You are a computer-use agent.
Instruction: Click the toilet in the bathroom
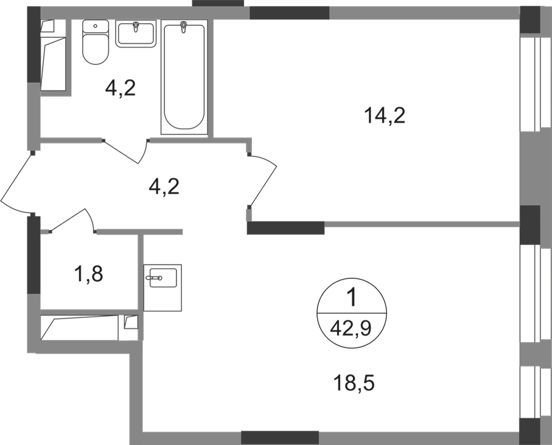(x=95, y=42)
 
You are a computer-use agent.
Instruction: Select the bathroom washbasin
(x=136, y=34)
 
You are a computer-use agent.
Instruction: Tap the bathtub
(x=184, y=77)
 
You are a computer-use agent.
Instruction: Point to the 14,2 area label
(x=385, y=116)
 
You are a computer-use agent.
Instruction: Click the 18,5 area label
(x=354, y=383)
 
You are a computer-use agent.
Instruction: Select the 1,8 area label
(x=88, y=274)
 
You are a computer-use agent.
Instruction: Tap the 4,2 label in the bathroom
(x=121, y=88)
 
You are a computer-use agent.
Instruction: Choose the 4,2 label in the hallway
(x=164, y=187)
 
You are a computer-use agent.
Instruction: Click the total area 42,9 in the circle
(x=351, y=329)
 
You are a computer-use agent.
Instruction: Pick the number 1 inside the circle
(x=352, y=298)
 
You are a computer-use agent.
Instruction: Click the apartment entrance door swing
(x=16, y=183)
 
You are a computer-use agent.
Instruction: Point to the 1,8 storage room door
(x=72, y=220)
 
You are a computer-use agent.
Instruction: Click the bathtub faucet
(x=183, y=27)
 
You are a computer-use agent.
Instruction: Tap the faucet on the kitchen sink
(x=155, y=278)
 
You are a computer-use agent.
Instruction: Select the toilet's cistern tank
(x=95, y=26)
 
